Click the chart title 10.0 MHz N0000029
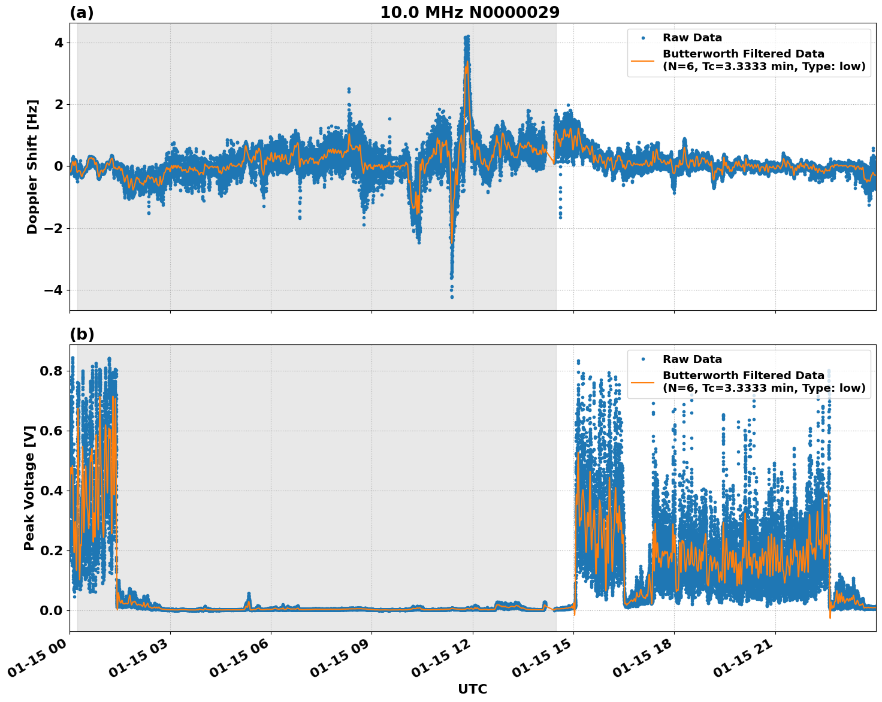click(x=470, y=13)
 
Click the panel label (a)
click(x=81, y=13)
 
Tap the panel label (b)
click(x=81, y=334)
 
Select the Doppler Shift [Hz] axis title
click(x=32, y=167)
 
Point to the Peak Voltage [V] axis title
click(x=29, y=488)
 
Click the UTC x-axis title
click(x=472, y=689)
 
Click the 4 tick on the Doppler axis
click(x=59, y=43)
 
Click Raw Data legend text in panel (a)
click(x=692, y=38)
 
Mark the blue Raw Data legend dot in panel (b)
click(x=643, y=359)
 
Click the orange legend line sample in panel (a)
click(x=643, y=60)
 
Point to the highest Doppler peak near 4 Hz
click(x=467, y=37)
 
